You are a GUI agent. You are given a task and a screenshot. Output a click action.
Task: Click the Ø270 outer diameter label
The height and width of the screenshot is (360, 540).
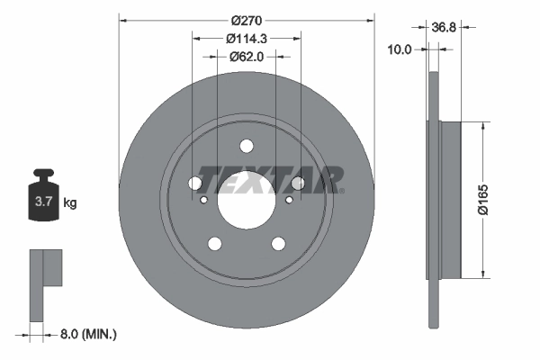tap(247, 20)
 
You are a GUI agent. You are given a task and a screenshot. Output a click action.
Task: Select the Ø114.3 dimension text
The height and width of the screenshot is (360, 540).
tap(247, 38)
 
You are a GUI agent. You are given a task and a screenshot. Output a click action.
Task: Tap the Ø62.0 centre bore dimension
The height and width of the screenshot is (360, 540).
tap(247, 56)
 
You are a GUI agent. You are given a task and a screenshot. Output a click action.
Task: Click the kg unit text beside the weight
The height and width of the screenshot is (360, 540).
tap(70, 203)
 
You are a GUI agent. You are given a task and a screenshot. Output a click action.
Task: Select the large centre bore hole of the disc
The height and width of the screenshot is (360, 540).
tap(247, 199)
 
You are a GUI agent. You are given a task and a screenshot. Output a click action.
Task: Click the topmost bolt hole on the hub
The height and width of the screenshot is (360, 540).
tap(247, 147)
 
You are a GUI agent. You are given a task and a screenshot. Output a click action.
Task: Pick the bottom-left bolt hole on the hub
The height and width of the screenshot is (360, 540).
tap(215, 243)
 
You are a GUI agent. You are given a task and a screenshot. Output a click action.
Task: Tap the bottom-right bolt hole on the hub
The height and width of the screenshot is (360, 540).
tap(278, 243)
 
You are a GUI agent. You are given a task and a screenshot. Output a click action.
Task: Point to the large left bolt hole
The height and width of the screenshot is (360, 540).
tap(195, 184)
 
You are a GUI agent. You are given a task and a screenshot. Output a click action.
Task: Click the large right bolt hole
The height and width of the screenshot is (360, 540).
tap(298, 184)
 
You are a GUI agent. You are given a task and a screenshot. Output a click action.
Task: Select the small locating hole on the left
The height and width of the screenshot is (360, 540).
tap(204, 200)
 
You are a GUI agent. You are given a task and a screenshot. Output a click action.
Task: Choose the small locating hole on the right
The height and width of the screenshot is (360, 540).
tap(289, 200)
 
